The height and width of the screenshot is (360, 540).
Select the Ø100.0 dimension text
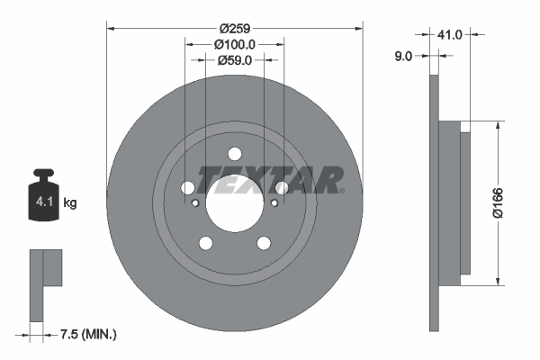coord(235,43)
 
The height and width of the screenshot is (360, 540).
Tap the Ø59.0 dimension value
coord(235,60)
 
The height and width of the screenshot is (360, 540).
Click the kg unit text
coord(70,203)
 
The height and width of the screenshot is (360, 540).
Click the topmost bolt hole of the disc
coord(235,154)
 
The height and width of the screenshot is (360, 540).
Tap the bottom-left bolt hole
coord(205,243)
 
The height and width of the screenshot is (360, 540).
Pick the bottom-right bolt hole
coord(264,243)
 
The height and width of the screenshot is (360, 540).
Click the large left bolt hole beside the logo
coord(187,188)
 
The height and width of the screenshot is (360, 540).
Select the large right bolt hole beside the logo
coord(282,188)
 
